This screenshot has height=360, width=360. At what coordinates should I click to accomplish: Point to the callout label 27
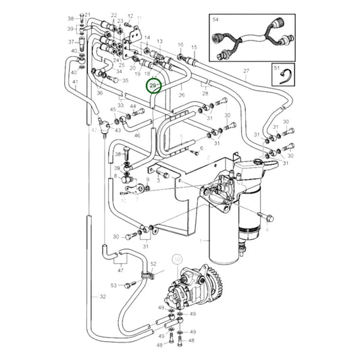click(x=247, y=72)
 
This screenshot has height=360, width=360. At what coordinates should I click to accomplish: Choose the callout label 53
click(x=113, y=286)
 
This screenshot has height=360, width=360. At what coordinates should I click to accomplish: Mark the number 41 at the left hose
click(x=75, y=82)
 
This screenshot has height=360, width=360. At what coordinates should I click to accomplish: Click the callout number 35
click(x=125, y=80)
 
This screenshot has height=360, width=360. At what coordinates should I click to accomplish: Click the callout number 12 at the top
click(x=130, y=16)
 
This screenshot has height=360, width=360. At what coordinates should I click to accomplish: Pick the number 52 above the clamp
click(x=153, y=263)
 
